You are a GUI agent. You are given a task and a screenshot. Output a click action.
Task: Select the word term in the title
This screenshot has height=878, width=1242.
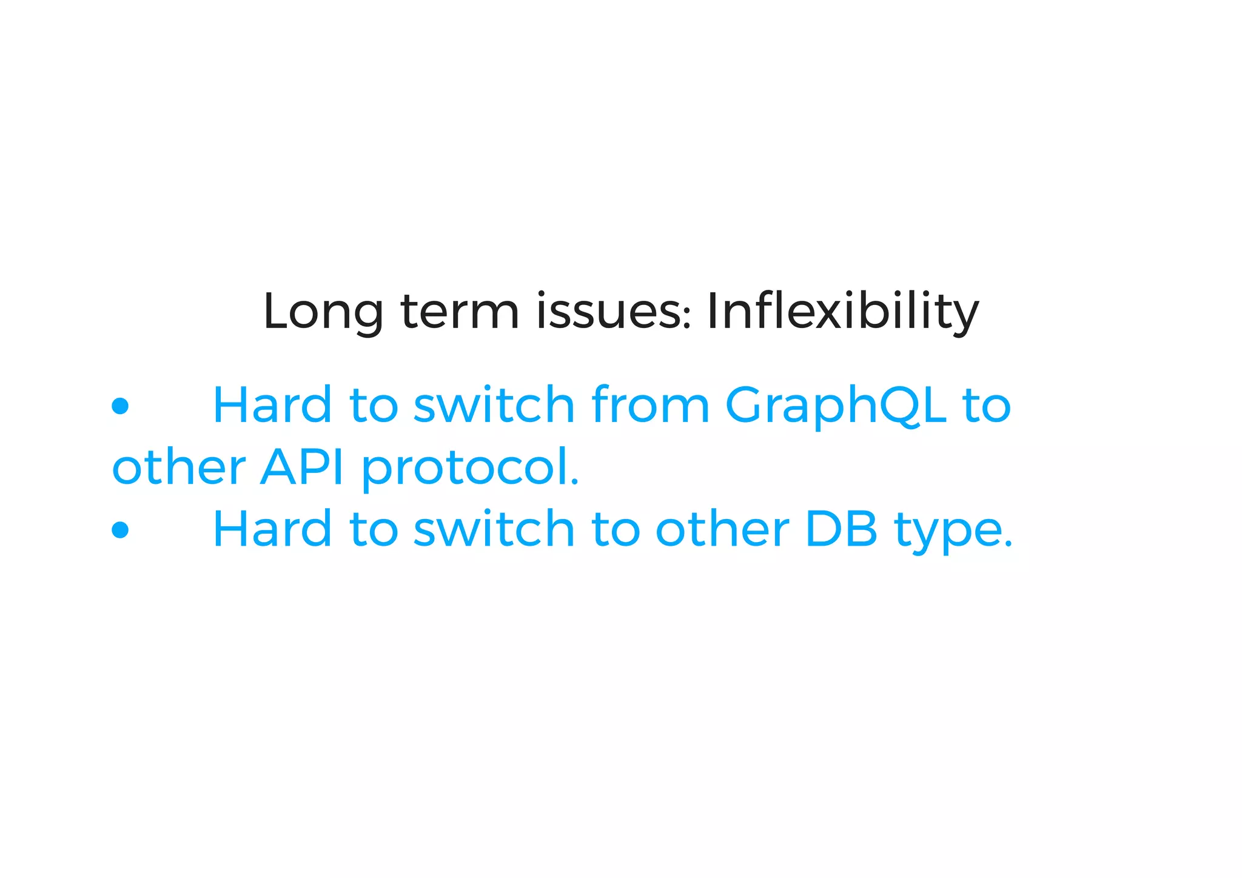pyautogui.click(x=460, y=312)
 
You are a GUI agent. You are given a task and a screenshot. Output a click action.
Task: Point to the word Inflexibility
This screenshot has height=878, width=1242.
pyautogui.click(x=842, y=312)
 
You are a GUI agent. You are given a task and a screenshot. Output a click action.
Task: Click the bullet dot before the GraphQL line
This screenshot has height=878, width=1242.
pyautogui.click(x=121, y=406)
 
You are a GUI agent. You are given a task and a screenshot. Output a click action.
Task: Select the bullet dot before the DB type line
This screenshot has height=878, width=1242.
pyautogui.click(x=121, y=529)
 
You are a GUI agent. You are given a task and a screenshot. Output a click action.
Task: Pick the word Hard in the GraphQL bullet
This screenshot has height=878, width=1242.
pyautogui.click(x=272, y=405)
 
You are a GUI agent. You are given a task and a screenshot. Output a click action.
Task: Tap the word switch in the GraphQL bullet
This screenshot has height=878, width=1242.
pyautogui.click(x=494, y=405)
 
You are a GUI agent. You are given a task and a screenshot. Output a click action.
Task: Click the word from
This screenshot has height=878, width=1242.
pyautogui.click(x=650, y=405)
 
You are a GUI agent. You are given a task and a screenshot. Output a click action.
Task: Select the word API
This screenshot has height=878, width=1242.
pyautogui.click(x=302, y=467)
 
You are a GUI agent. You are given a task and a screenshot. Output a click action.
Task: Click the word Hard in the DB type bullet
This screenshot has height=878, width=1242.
pyautogui.click(x=272, y=529)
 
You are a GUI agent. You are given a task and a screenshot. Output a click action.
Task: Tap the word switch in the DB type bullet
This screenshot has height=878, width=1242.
pyautogui.click(x=494, y=529)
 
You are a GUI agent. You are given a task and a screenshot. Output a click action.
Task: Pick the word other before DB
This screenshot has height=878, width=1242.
pyautogui.click(x=722, y=529)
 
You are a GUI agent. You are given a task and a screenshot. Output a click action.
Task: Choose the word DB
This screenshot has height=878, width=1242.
pyautogui.click(x=841, y=529)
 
